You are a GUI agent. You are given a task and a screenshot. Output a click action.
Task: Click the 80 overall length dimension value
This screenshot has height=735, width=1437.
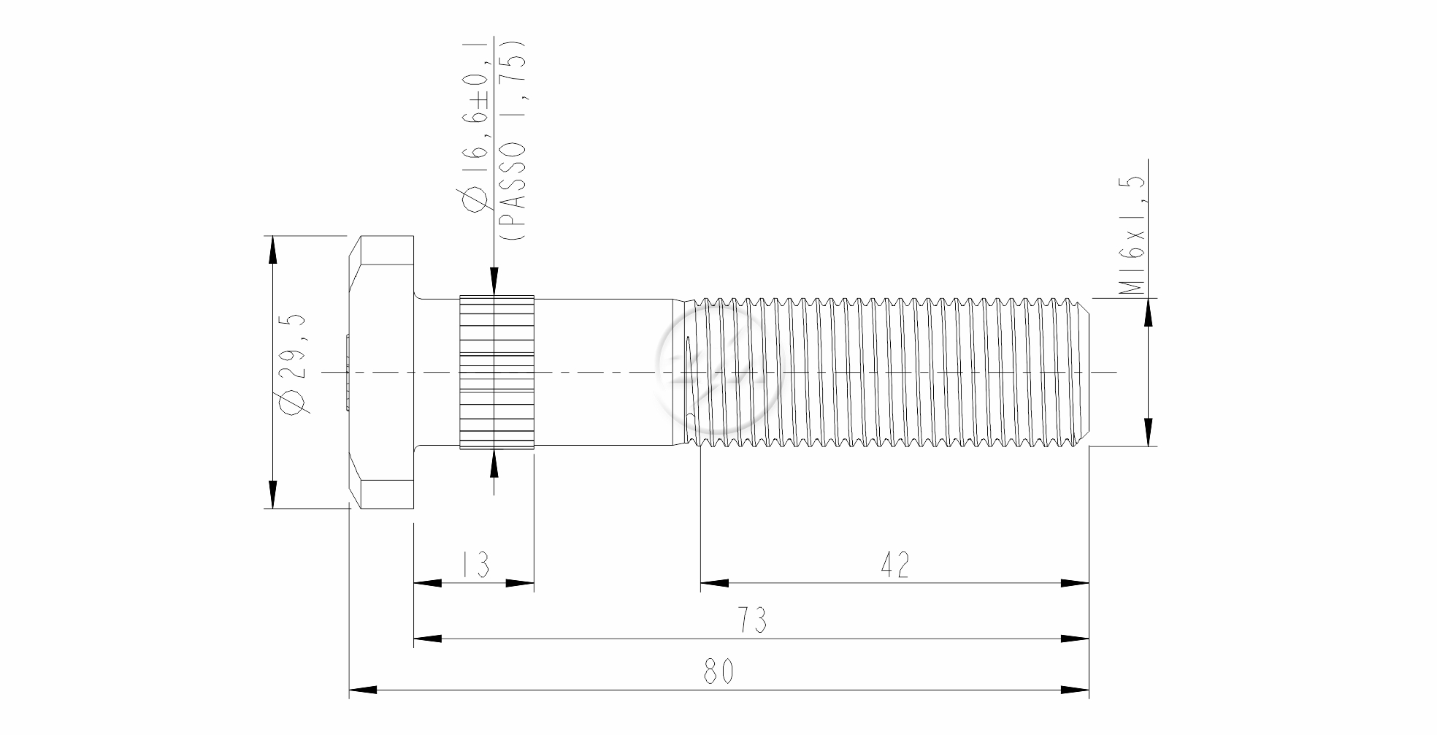(x=718, y=671)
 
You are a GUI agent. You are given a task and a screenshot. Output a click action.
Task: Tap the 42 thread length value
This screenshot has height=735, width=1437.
(x=895, y=565)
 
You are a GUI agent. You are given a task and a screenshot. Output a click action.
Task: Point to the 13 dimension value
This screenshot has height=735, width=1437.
(x=475, y=565)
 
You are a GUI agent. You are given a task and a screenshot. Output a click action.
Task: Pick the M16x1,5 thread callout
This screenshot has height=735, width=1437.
(x=1133, y=235)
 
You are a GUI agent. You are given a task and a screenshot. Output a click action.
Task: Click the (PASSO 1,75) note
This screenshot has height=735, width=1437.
(x=514, y=139)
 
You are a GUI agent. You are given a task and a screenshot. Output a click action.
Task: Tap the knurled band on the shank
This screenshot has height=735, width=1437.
(x=497, y=371)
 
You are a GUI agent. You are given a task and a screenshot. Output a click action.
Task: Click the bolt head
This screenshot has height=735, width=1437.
(x=382, y=371)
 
